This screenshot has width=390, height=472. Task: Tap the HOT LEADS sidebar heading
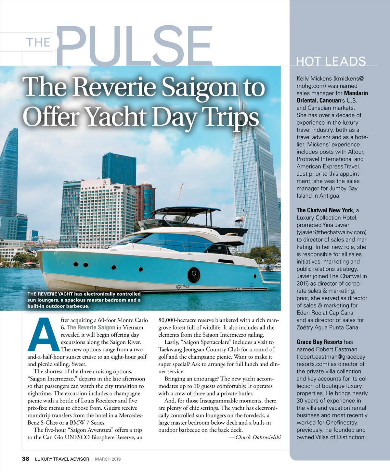(x=331, y=61)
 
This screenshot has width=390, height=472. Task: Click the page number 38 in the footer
(x=25, y=459)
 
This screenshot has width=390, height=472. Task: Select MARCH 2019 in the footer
(x=108, y=459)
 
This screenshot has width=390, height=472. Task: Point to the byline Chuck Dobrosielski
(x=255, y=437)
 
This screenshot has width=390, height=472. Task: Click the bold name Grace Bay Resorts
(x=319, y=342)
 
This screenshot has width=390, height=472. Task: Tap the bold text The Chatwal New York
(x=325, y=210)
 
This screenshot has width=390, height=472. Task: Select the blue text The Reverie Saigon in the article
(x=91, y=327)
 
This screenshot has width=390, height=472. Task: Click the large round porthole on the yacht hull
(x=194, y=275)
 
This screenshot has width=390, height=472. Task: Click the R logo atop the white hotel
(x=105, y=183)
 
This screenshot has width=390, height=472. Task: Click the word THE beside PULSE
(x=38, y=43)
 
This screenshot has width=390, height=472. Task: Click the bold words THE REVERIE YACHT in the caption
(x=50, y=294)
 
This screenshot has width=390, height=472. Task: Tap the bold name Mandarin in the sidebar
(x=356, y=93)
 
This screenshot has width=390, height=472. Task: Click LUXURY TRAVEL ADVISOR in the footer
(x=62, y=459)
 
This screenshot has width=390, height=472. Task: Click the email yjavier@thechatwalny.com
(x=331, y=232)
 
